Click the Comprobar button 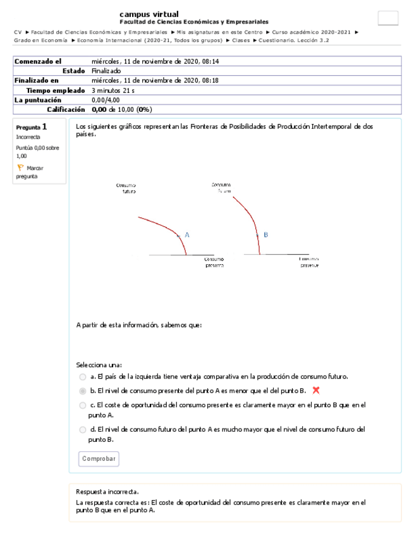coord(99,459)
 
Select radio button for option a coord(83,377)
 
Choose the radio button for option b coord(83,391)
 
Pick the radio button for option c coord(83,405)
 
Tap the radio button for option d coord(83,430)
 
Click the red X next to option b coord(316,391)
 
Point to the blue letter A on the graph coord(187,234)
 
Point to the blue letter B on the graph coord(266,234)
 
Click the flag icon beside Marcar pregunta coord(20,168)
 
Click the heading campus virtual coord(149,14)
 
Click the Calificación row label coord(66,109)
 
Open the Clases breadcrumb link coord(240,40)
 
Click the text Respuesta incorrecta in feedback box coord(107,492)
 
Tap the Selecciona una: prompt coord(99,365)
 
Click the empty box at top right coord(387,18)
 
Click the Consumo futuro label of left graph coord(126,188)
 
